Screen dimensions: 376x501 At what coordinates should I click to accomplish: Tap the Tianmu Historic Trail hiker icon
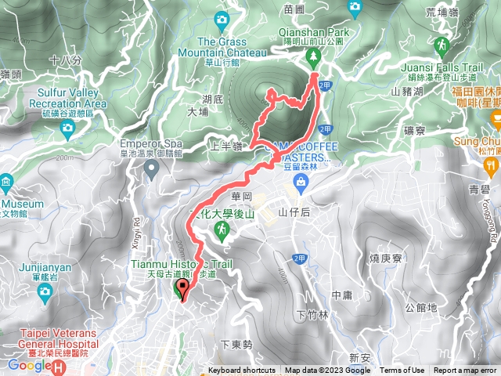click(x=222, y=230)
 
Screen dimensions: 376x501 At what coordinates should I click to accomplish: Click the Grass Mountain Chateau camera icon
click(x=222, y=20)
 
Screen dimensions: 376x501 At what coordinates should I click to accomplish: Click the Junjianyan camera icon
click(x=44, y=291)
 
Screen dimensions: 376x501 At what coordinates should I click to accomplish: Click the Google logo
click(x=26, y=365)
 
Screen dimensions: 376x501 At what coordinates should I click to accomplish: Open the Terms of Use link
click(x=402, y=371)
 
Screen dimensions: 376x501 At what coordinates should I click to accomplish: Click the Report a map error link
click(x=467, y=371)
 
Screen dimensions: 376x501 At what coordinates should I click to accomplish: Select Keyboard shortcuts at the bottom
click(x=241, y=371)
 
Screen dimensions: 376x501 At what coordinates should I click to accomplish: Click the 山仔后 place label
click(x=294, y=212)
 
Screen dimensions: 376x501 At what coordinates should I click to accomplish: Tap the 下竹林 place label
click(x=313, y=315)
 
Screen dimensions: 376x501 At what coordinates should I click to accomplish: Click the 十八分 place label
click(x=65, y=60)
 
